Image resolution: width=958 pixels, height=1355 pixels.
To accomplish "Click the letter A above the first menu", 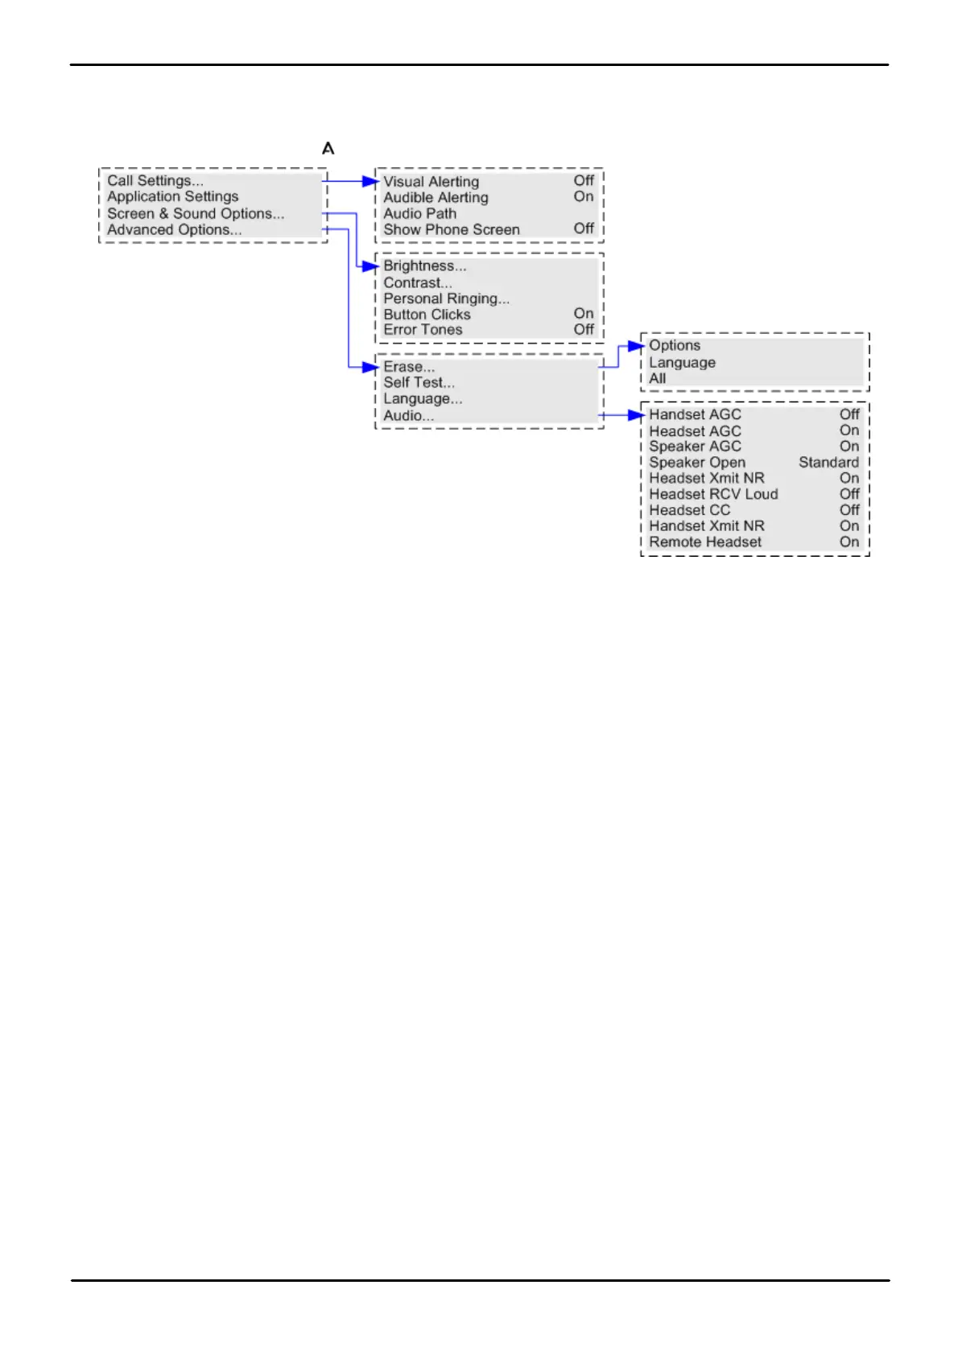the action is [x=328, y=149].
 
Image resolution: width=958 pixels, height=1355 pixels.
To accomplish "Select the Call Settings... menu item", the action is [x=155, y=181].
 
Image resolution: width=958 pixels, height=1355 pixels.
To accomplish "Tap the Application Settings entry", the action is [x=173, y=197].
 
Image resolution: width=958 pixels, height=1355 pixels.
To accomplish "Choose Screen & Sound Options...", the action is [x=196, y=214].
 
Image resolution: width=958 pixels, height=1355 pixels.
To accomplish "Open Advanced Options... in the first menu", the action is [x=174, y=230].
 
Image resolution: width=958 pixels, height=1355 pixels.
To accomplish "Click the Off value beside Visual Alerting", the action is [x=584, y=181].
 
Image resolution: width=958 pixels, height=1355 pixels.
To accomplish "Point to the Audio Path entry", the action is [x=419, y=214].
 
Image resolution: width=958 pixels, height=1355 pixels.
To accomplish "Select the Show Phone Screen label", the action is [x=452, y=230].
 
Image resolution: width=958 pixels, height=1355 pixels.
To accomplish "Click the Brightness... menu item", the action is [x=424, y=266].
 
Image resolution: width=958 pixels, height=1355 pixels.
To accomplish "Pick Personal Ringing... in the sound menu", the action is [x=446, y=299].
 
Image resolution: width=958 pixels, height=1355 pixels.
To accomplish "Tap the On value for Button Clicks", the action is [x=584, y=314].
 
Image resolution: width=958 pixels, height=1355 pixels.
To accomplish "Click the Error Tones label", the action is [x=423, y=330].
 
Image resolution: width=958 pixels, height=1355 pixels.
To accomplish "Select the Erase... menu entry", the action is [x=408, y=367].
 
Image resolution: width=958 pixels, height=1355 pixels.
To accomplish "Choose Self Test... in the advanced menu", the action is [x=419, y=383].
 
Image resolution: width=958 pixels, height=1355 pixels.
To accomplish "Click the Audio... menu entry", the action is [x=408, y=416].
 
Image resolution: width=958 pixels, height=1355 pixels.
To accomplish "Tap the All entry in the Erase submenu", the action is [x=658, y=379].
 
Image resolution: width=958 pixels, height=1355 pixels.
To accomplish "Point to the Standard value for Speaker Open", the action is [x=828, y=463].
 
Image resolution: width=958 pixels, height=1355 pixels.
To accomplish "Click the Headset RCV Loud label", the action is [x=713, y=495].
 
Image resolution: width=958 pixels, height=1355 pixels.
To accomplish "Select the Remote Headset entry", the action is [x=705, y=542].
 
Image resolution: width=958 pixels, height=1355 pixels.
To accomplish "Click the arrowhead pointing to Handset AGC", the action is [x=637, y=415].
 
